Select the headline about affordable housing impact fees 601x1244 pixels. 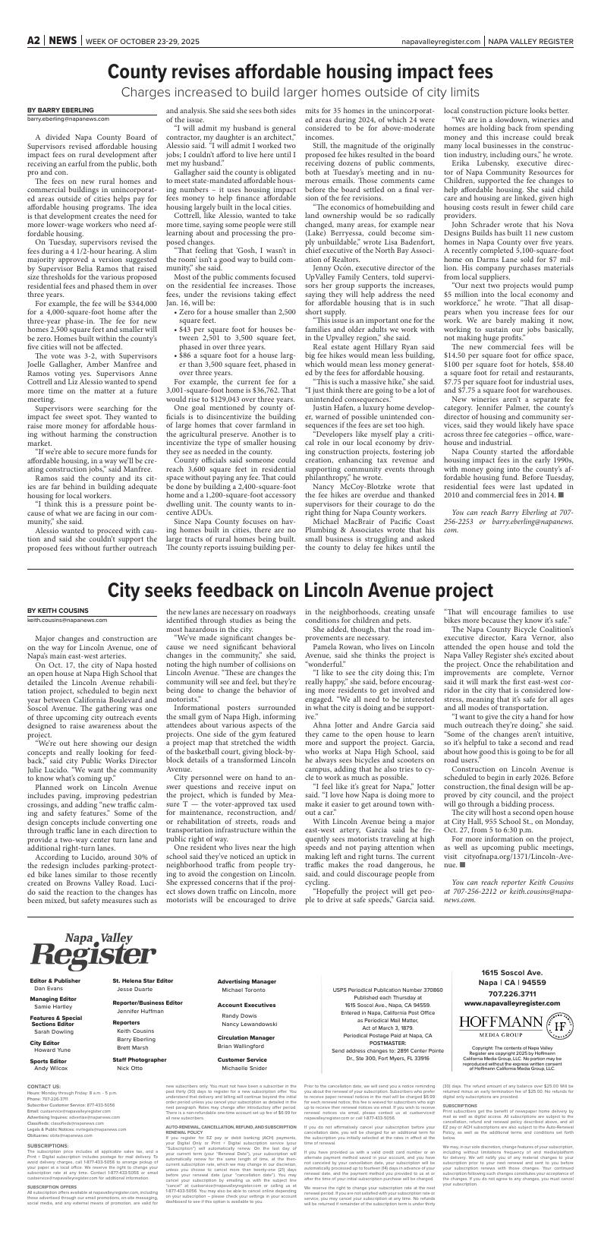point(300,72)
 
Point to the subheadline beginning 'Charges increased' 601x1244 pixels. point(300,93)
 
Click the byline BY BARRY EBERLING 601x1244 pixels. point(55,110)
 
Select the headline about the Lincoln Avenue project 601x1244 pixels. point(300,590)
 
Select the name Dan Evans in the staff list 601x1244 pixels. point(49,989)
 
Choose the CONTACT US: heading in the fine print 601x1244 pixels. point(43,1108)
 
